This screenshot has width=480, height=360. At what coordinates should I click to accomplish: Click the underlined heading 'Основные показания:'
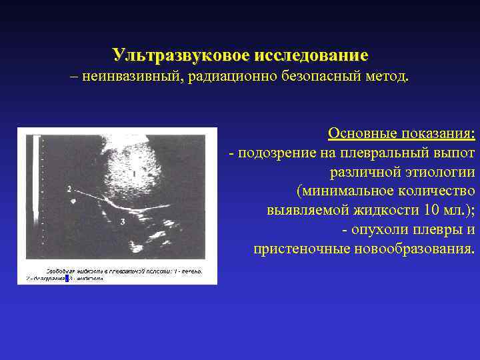(401, 134)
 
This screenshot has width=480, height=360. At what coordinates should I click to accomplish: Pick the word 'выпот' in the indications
(457, 153)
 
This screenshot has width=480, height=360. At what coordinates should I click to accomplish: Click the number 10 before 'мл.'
(430, 211)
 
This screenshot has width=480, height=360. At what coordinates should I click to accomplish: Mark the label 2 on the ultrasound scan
(69, 190)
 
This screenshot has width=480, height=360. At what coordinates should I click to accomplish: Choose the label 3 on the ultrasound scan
(122, 221)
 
